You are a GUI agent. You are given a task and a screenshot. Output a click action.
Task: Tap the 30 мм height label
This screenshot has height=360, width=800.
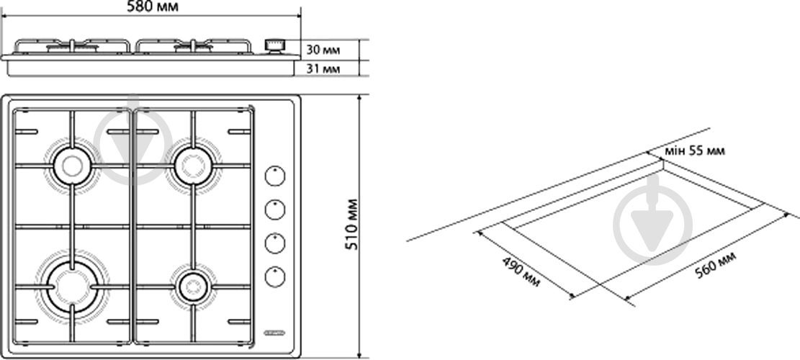pos(323,50)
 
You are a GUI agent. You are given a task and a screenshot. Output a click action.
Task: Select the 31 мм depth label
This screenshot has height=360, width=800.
pos(323,68)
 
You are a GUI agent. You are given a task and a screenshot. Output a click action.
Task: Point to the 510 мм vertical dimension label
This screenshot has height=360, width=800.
pos(352,225)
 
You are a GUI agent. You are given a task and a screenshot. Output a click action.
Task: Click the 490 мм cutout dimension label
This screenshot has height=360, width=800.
pos(521,271)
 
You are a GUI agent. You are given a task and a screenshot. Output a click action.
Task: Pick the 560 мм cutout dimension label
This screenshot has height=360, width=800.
pos(716,266)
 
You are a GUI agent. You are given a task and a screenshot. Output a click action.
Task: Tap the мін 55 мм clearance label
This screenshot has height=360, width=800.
pos(694,151)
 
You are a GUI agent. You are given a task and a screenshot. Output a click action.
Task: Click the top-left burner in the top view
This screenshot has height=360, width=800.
pos(73,165)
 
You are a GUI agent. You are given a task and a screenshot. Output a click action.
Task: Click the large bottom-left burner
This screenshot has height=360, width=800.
pos(72,287)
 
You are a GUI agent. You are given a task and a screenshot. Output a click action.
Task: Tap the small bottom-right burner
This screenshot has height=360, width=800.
pos(194,287)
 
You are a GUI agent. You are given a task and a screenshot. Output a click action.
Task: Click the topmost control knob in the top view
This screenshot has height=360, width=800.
pos(275,176)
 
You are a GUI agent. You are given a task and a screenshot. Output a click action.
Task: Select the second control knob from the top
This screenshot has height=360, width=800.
pos(275,210)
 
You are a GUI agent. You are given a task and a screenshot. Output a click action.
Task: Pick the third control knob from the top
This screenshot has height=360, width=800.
pos(275,243)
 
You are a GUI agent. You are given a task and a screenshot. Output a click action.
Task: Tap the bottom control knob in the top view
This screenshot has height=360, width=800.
pos(275,276)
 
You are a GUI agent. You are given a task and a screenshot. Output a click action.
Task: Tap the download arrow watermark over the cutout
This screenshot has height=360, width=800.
pos(653,220)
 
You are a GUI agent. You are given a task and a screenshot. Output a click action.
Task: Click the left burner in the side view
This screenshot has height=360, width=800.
pos(73,48)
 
